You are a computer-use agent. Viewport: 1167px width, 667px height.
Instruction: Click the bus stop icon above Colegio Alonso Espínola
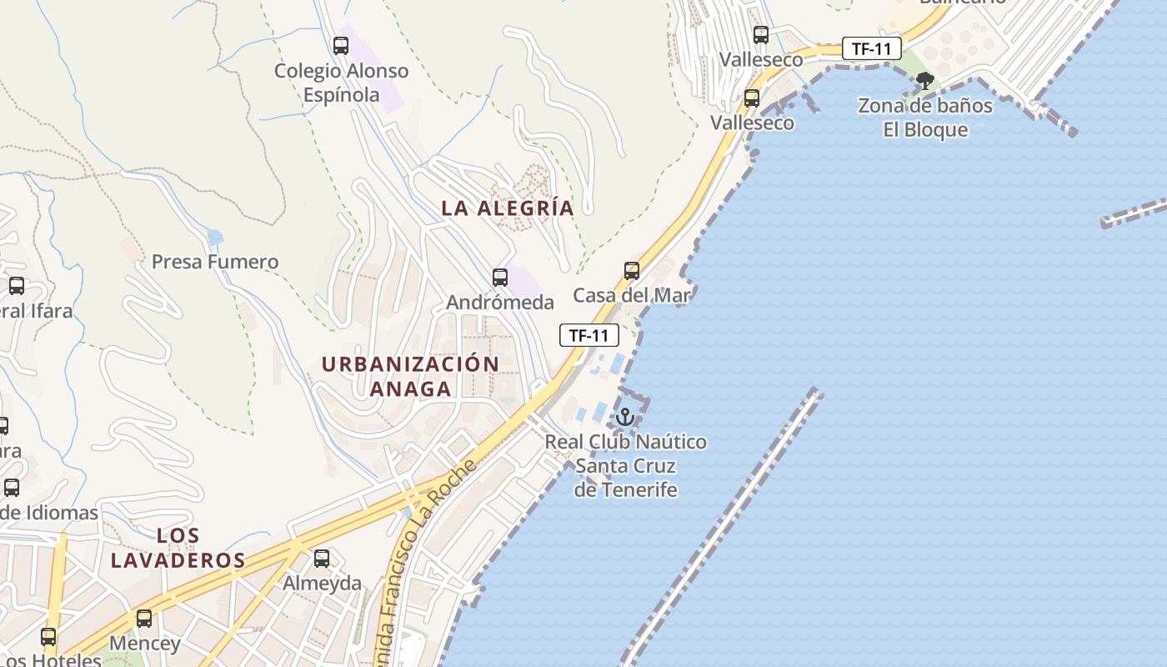point(340,45)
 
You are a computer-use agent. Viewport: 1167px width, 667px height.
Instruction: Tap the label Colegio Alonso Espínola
point(342,83)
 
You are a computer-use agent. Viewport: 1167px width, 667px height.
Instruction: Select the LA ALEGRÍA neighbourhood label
point(508,208)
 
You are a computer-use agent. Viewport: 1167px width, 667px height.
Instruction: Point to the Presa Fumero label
point(215,262)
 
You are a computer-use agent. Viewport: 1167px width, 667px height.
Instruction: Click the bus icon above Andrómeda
point(500,277)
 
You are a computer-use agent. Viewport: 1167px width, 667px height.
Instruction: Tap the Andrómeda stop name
point(500,302)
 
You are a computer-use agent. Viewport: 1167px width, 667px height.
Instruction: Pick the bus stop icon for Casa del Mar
point(632,270)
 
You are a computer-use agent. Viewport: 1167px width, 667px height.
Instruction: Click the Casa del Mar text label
point(632,295)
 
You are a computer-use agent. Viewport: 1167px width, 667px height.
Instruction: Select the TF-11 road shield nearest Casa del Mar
point(589,335)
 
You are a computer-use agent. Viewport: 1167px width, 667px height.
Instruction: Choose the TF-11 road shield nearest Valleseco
point(871,48)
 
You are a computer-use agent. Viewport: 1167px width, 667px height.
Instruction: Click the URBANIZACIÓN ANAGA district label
point(410,376)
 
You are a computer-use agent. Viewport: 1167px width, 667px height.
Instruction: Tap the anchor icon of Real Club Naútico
point(625,417)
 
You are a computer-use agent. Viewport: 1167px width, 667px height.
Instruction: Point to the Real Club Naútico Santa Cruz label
point(625,465)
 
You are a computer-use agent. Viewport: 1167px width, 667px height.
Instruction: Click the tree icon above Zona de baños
point(924,80)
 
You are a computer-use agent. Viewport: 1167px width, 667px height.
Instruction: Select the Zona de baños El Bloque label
point(925,118)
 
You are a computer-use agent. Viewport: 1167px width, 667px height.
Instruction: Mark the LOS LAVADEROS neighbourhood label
point(178,548)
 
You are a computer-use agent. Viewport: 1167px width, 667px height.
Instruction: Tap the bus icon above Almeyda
point(322,558)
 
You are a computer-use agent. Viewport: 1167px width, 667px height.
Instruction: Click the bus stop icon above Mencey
point(144,618)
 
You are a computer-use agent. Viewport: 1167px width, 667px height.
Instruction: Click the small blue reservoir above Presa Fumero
point(215,237)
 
